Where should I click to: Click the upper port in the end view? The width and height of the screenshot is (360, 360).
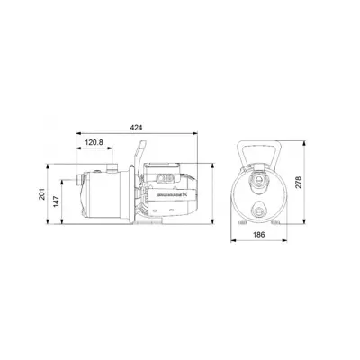click(261, 180)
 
